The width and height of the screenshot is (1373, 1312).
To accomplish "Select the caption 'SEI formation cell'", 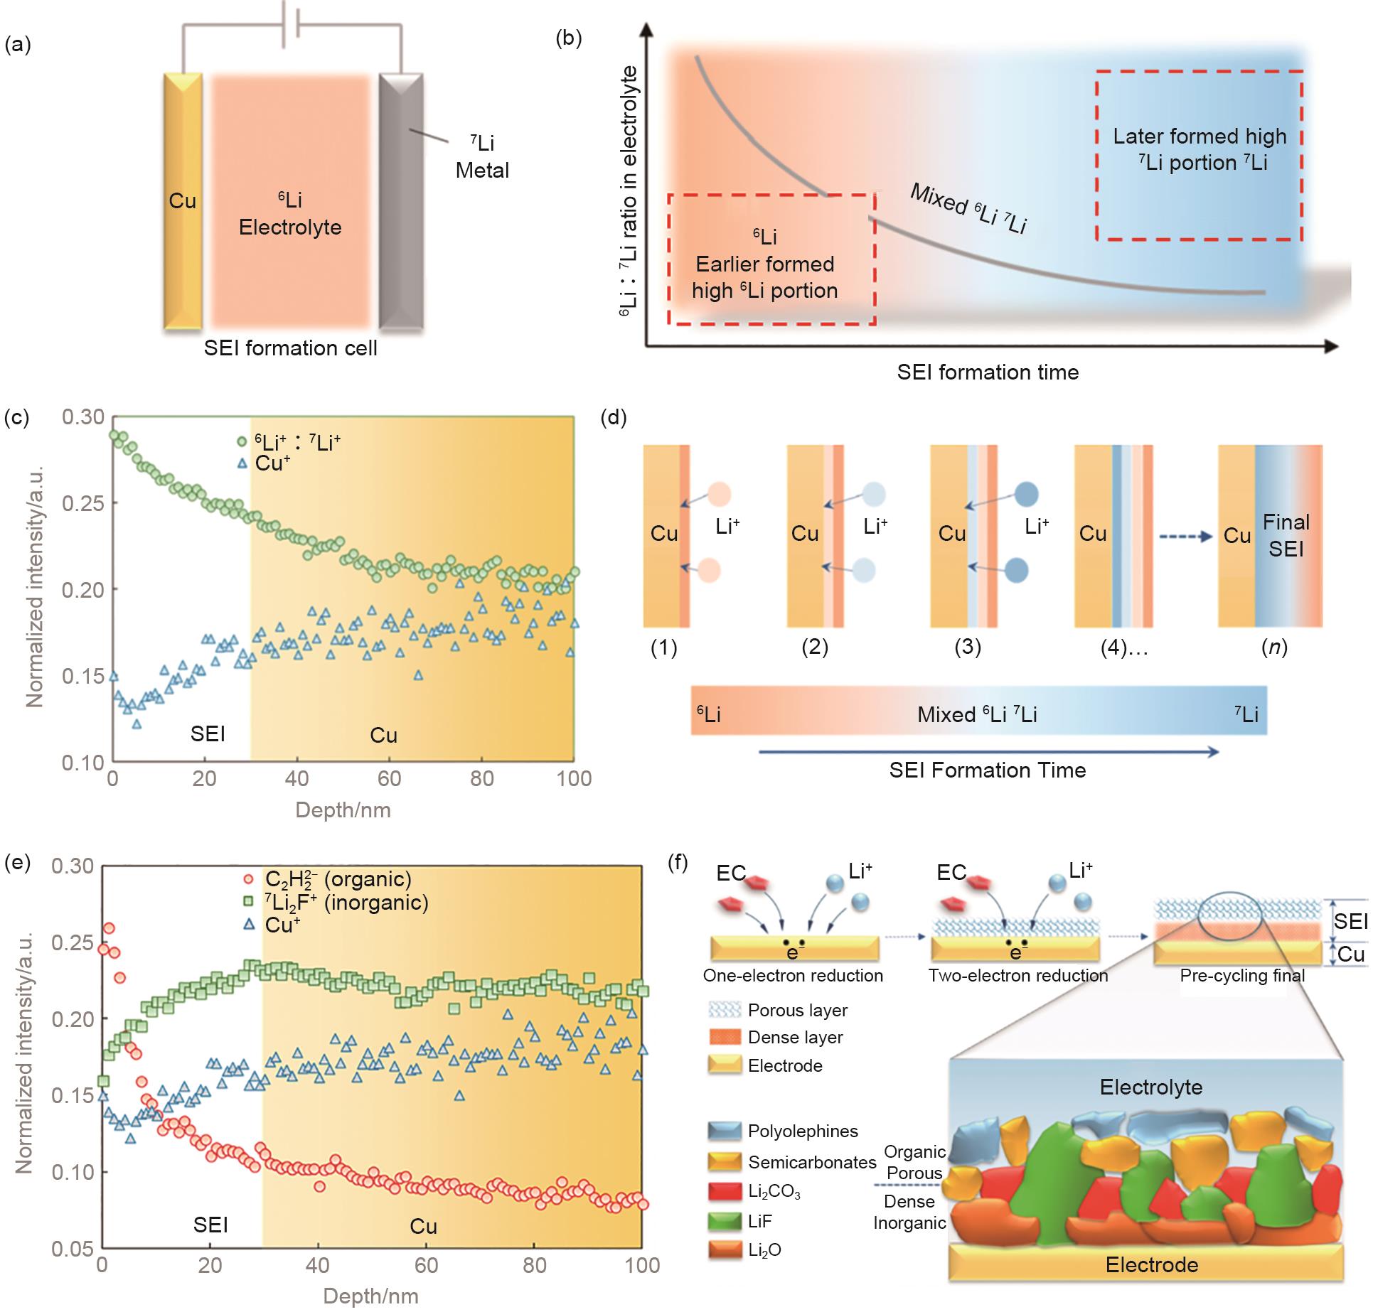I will [290, 348].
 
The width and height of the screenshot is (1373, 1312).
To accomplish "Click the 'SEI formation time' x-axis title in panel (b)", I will [988, 372].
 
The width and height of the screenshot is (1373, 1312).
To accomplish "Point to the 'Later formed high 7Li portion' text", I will [1200, 149].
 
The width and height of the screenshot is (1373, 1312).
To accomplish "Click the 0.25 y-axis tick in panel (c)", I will [82, 503].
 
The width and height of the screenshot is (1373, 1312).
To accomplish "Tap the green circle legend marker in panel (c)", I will [242, 442].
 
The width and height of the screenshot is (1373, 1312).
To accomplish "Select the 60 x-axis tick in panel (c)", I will [389, 779].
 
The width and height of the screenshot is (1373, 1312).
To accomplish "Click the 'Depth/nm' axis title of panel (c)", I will [343, 810].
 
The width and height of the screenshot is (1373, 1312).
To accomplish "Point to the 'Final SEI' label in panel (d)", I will [1286, 535].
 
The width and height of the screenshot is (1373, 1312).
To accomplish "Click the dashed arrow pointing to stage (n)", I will [1185, 537].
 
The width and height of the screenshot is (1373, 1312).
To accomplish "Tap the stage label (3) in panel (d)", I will [967, 647].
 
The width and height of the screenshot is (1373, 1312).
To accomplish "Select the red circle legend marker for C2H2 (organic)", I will [249, 879].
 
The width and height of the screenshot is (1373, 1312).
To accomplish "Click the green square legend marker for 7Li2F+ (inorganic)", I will [249, 903].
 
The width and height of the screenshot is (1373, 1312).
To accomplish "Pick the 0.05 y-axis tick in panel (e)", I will [73, 1248].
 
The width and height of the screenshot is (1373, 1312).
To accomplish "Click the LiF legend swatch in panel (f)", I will [725, 1221].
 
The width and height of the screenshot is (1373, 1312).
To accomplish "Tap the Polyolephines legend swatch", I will [725, 1131].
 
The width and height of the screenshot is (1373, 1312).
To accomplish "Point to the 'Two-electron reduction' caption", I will [1017, 976].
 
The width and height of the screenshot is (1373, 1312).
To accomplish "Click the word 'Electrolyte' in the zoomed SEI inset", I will [1150, 1087].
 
